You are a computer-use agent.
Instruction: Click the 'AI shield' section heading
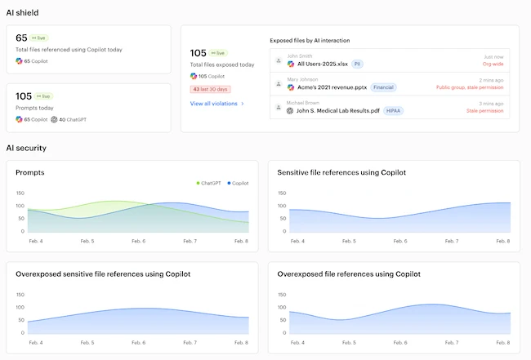tap(22, 13)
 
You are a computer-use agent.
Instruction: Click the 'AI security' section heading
tap(26, 148)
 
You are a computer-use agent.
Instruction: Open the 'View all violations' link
tap(216, 104)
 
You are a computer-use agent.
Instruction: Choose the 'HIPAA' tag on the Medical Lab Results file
tap(393, 110)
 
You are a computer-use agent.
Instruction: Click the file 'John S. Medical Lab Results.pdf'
tap(337, 110)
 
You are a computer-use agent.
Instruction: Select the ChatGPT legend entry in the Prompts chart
tap(208, 183)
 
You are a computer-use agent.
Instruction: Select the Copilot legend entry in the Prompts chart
tap(238, 183)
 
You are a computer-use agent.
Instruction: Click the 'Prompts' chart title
tap(30, 172)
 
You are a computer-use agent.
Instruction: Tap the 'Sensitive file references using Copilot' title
tap(341, 172)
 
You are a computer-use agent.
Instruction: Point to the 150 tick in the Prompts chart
tap(20, 193)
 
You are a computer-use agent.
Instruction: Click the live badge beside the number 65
tap(40, 38)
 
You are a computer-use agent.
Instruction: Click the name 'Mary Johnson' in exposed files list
tap(302, 79)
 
